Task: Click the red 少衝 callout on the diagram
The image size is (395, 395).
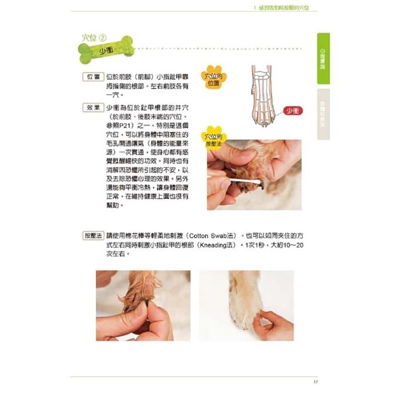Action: coord(293,111)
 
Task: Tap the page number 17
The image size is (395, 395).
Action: coord(315,381)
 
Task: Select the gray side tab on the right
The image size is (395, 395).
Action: coord(323,114)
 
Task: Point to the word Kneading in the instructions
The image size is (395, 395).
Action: coord(213,245)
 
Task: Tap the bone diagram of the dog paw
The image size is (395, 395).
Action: coord(261,95)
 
